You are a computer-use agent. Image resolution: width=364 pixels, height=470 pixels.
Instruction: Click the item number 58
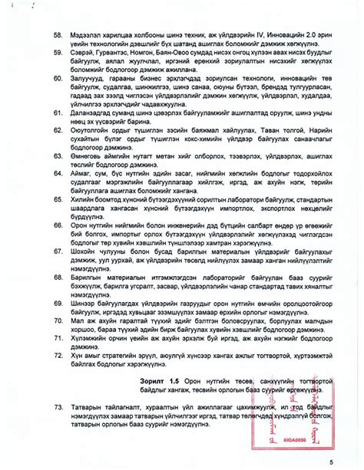[x=57, y=35]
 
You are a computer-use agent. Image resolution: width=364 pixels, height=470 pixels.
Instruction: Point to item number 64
[x=57, y=176]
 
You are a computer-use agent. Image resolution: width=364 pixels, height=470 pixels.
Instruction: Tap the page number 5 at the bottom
[x=331, y=461]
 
